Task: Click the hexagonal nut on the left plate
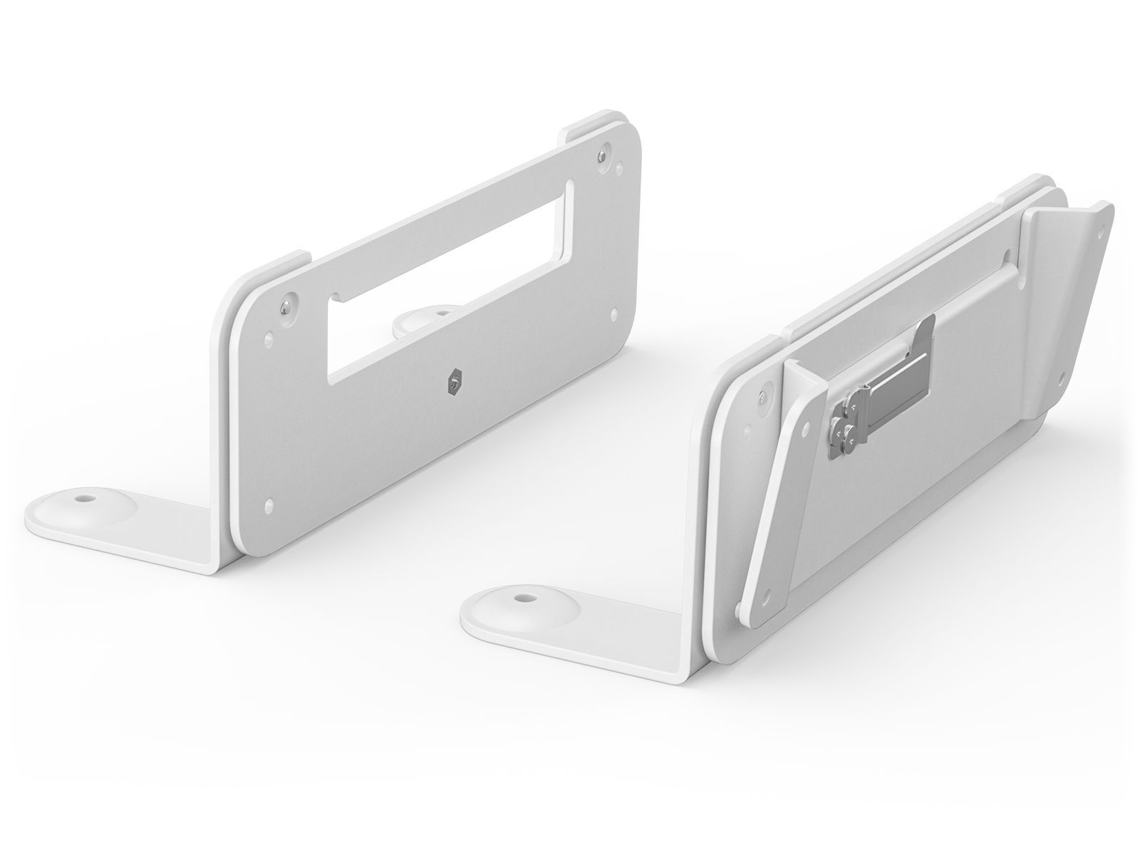point(453,381)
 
